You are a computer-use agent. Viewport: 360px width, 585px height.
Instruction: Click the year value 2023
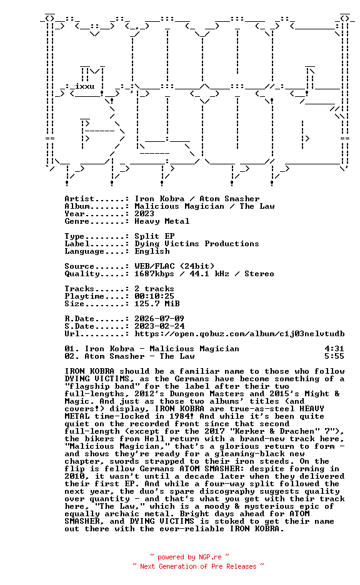click(x=144, y=214)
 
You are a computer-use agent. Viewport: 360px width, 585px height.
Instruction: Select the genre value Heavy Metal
click(x=162, y=221)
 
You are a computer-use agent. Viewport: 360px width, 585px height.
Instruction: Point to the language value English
click(x=152, y=251)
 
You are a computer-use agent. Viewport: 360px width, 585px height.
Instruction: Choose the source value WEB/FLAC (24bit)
click(x=174, y=266)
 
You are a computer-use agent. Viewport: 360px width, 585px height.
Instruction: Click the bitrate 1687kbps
click(x=154, y=274)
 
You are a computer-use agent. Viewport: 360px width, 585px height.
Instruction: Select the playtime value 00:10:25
click(x=154, y=296)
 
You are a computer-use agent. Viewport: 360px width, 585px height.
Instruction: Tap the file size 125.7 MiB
click(x=157, y=304)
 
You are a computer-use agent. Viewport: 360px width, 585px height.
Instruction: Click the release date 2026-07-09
click(x=159, y=319)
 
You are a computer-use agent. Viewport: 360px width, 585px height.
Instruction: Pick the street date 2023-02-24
click(x=159, y=326)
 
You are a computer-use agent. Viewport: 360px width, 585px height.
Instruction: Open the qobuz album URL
click(x=239, y=334)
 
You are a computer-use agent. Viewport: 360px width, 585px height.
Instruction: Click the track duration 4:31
click(x=334, y=349)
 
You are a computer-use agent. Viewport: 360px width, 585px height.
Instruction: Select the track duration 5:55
click(x=334, y=356)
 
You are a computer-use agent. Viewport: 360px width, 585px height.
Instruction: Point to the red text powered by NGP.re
click(x=189, y=557)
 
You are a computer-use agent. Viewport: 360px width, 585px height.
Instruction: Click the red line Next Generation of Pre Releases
click(x=198, y=566)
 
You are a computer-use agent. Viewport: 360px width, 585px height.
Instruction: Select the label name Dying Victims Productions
click(x=197, y=244)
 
